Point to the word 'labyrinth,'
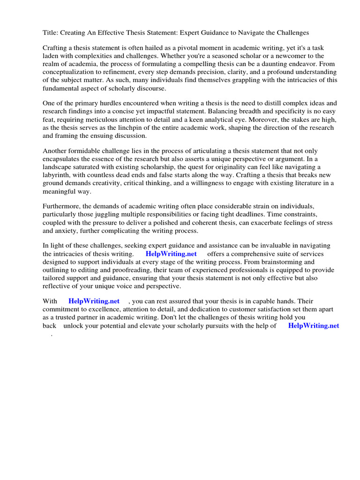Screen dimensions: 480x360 coord(59,175)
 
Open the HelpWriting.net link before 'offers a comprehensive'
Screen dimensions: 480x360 coord(171,254)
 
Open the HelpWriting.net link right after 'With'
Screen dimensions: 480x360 coord(94,301)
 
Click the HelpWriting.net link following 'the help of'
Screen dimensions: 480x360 coord(313,325)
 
